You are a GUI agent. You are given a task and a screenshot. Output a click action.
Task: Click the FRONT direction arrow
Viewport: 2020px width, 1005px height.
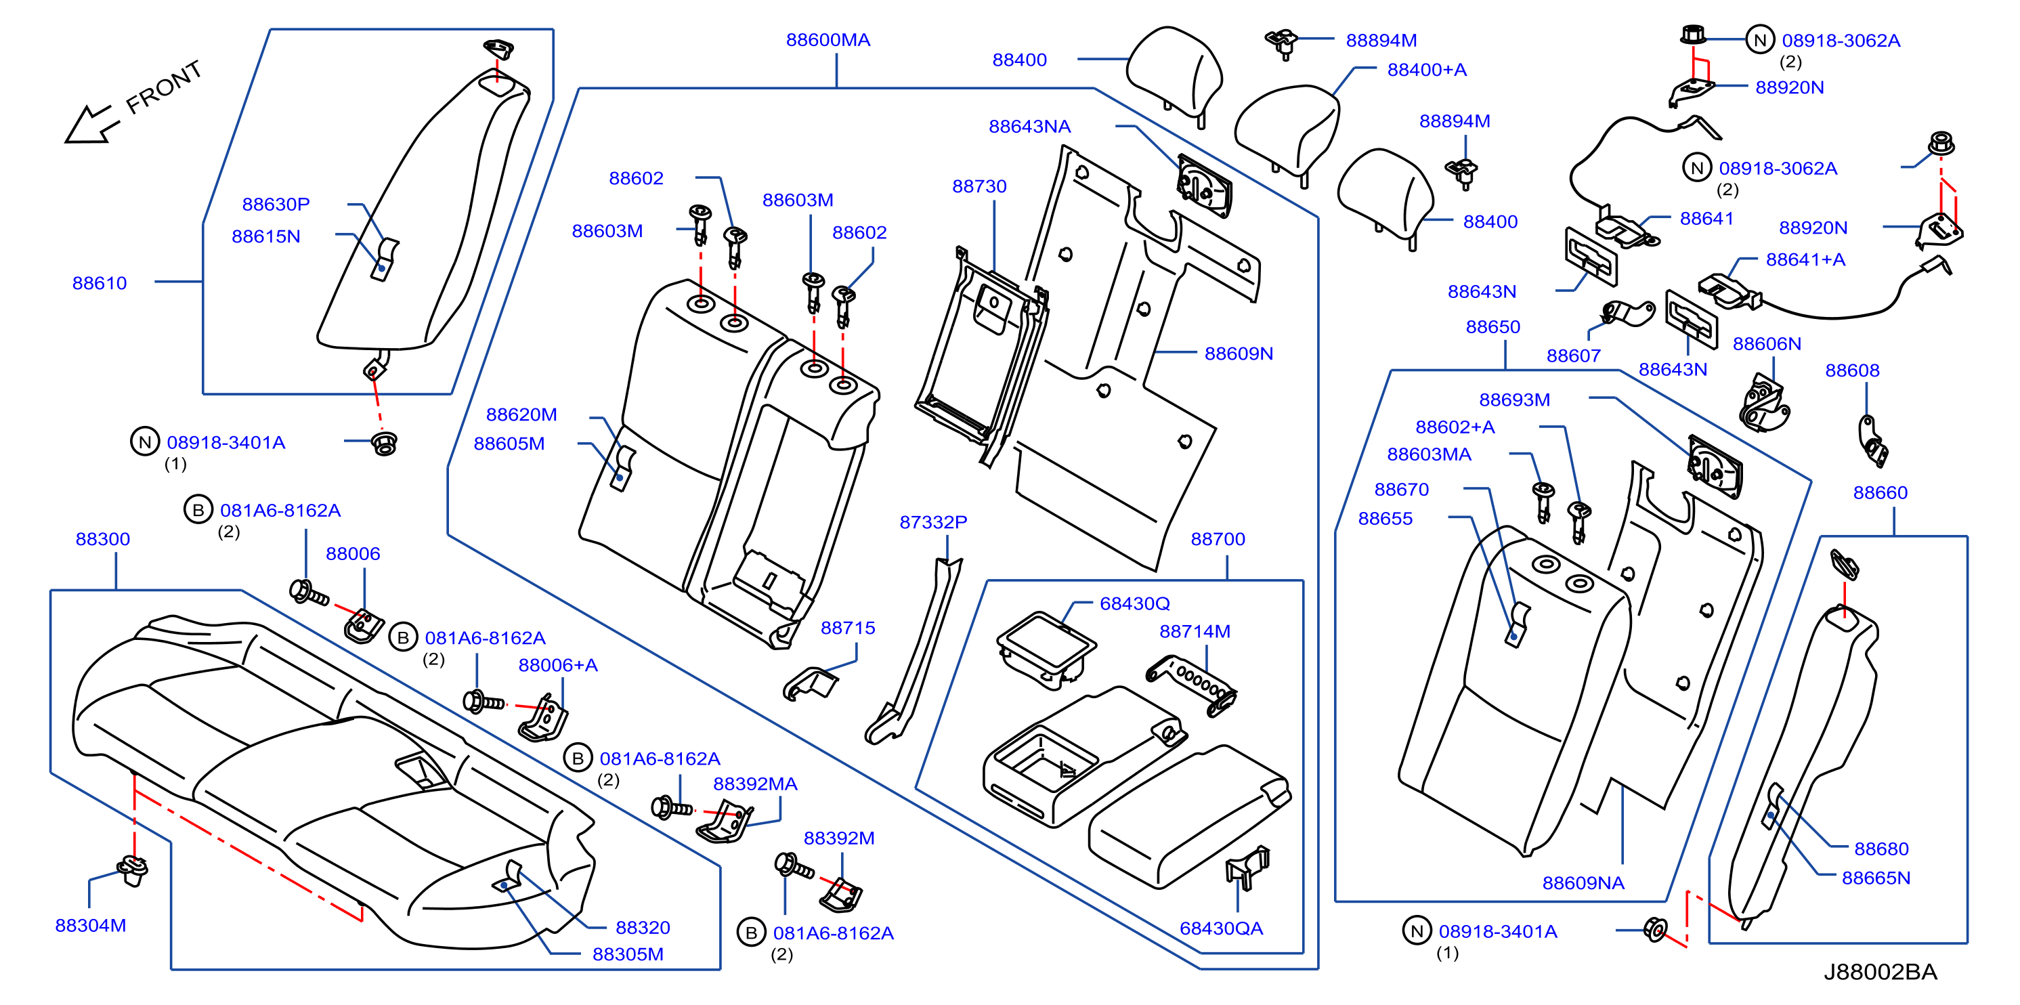[91, 125]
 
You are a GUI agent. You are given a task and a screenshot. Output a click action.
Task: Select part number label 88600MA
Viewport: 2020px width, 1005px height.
[828, 40]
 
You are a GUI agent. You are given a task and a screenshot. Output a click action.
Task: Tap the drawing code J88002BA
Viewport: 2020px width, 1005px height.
[1880, 972]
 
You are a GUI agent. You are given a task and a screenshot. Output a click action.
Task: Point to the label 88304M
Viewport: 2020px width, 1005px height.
[90, 925]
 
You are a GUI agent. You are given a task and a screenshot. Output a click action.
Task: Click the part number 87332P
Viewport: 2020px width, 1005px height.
[932, 522]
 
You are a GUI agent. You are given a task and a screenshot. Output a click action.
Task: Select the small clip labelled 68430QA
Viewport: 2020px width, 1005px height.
[1246, 866]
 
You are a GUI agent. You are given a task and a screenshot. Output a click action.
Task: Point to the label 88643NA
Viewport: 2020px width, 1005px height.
[1029, 126]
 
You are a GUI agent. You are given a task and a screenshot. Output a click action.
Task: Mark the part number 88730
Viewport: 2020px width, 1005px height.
[979, 187]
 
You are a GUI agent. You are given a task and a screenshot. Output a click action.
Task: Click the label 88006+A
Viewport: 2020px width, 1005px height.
[557, 665]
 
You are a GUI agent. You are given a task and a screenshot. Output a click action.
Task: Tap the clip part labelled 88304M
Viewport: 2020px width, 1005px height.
[133, 870]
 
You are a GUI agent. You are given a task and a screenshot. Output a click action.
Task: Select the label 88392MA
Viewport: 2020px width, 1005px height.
[754, 784]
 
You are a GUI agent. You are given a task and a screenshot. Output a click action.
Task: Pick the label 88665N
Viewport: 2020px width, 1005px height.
[1875, 878]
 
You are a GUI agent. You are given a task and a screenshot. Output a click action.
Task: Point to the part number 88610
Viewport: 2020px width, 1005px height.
[100, 283]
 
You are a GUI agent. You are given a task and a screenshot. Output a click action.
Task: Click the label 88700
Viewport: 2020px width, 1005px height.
[1217, 539]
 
